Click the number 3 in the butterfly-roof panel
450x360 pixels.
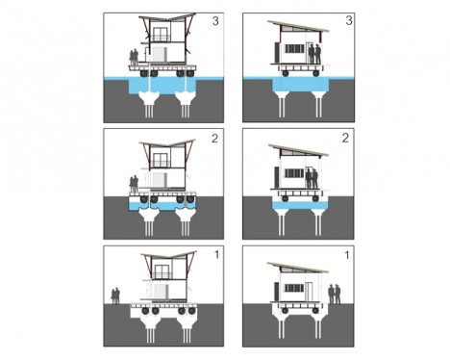pyautogui.click(x=215, y=21)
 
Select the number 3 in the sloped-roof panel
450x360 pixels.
pyautogui.click(x=349, y=20)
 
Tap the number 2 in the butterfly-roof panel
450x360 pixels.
pyautogui.click(x=214, y=139)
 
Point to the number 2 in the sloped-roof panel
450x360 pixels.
pyautogui.click(x=345, y=138)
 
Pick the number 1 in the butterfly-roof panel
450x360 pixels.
pyautogui.click(x=216, y=255)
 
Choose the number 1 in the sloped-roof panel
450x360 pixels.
pyautogui.click(x=347, y=255)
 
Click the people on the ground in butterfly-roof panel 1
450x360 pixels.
pyautogui.click(x=115, y=296)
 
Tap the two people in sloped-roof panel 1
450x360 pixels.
pyautogui.click(x=335, y=294)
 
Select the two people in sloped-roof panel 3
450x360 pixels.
pyautogui.click(x=314, y=54)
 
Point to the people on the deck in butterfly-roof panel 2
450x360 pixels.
pyautogui.click(x=134, y=184)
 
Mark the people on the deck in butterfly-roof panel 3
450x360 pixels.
pyautogui.click(x=134, y=58)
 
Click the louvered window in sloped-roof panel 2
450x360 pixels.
pyautogui.click(x=294, y=173)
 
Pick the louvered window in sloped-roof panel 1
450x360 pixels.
pyautogui.click(x=294, y=288)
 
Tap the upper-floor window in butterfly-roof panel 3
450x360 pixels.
pyautogui.click(x=161, y=35)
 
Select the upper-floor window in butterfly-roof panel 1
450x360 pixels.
pyautogui.click(x=162, y=271)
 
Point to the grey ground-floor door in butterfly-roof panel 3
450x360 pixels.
pyautogui.click(x=160, y=54)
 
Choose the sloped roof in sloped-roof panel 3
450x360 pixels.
pyautogui.click(x=298, y=26)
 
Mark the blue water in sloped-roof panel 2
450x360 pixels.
pyautogui.click(x=300, y=205)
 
